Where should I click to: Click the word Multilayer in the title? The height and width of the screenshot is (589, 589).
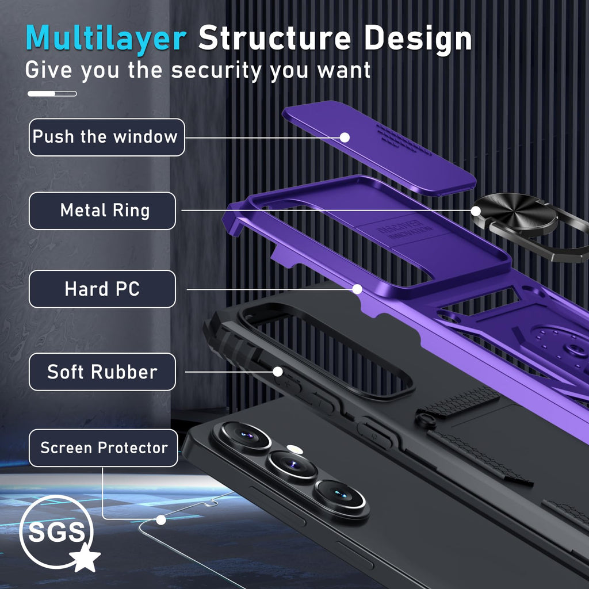coord(106,38)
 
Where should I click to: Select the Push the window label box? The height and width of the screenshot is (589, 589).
coord(106,137)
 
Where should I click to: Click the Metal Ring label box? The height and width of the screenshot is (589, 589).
coord(102,211)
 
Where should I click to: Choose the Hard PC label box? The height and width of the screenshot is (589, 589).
coord(102,289)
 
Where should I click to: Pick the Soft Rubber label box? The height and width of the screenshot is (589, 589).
coord(102,372)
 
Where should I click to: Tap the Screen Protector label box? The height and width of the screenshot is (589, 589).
coord(104,448)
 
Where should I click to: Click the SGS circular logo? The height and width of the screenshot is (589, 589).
coord(56,532)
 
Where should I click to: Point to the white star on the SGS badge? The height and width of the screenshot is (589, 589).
coord(86,557)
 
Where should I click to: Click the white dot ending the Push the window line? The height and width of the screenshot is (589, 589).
coord(345,137)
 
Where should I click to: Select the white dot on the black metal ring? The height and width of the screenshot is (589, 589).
coord(476,211)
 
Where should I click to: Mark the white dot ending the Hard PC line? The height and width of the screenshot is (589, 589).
coord(357,289)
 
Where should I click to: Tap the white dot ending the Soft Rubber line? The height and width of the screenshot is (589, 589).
coord(278,372)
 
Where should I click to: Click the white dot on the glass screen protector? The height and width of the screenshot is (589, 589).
coord(161,520)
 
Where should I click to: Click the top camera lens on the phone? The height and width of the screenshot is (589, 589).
coord(245,436)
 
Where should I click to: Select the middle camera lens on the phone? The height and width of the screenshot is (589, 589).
coord(293,465)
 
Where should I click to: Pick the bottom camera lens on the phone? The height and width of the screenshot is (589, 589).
coord(340,495)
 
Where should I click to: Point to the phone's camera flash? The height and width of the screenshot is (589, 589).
coord(294,449)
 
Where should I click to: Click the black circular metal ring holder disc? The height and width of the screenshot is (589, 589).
coord(515,214)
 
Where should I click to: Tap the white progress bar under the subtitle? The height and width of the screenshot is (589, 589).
coord(52,94)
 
